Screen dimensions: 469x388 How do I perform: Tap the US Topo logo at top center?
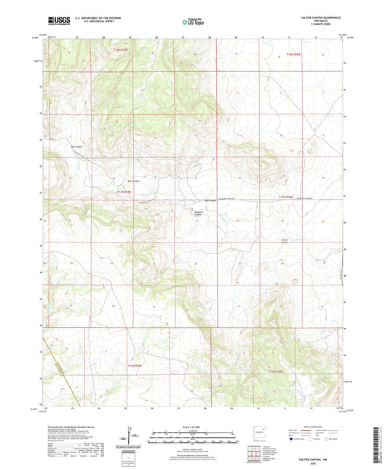point(191,22)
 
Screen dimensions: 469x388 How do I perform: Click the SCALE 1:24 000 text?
point(193,425)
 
